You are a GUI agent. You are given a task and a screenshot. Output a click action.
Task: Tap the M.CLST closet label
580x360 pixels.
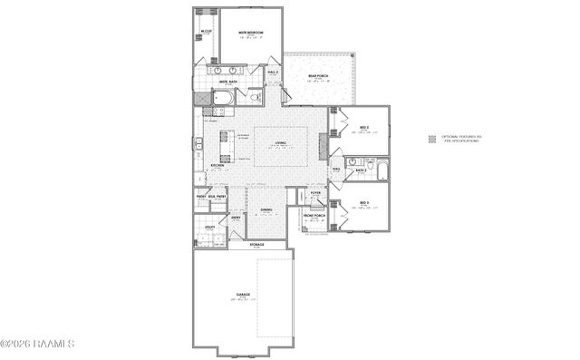coord(207,32)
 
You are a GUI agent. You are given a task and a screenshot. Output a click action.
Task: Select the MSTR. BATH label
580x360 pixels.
coord(228,82)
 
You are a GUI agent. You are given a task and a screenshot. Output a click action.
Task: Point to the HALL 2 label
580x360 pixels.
coord(272,71)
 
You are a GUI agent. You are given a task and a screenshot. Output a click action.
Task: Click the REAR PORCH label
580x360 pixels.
coord(317,76)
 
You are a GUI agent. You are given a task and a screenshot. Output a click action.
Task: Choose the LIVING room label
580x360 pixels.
coord(282,141)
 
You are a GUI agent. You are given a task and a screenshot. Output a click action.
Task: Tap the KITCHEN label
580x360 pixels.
coord(217,166)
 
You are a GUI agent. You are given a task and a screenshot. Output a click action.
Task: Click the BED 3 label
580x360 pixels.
coord(363,202)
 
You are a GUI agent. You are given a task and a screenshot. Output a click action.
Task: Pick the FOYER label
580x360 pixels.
coord(315,193)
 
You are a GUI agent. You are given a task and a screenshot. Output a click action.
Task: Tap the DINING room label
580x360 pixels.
coord(266,210)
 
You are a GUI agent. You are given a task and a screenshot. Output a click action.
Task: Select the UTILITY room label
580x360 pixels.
coord(209,228)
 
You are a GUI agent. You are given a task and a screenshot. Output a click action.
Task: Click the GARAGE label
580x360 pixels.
coord(243,295)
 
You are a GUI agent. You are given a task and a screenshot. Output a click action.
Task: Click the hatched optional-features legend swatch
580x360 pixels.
coord(432,139)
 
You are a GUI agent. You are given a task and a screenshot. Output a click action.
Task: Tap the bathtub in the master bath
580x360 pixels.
coord(223,97)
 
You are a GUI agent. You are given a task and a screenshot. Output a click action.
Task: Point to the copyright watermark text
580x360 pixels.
coord(38,343)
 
